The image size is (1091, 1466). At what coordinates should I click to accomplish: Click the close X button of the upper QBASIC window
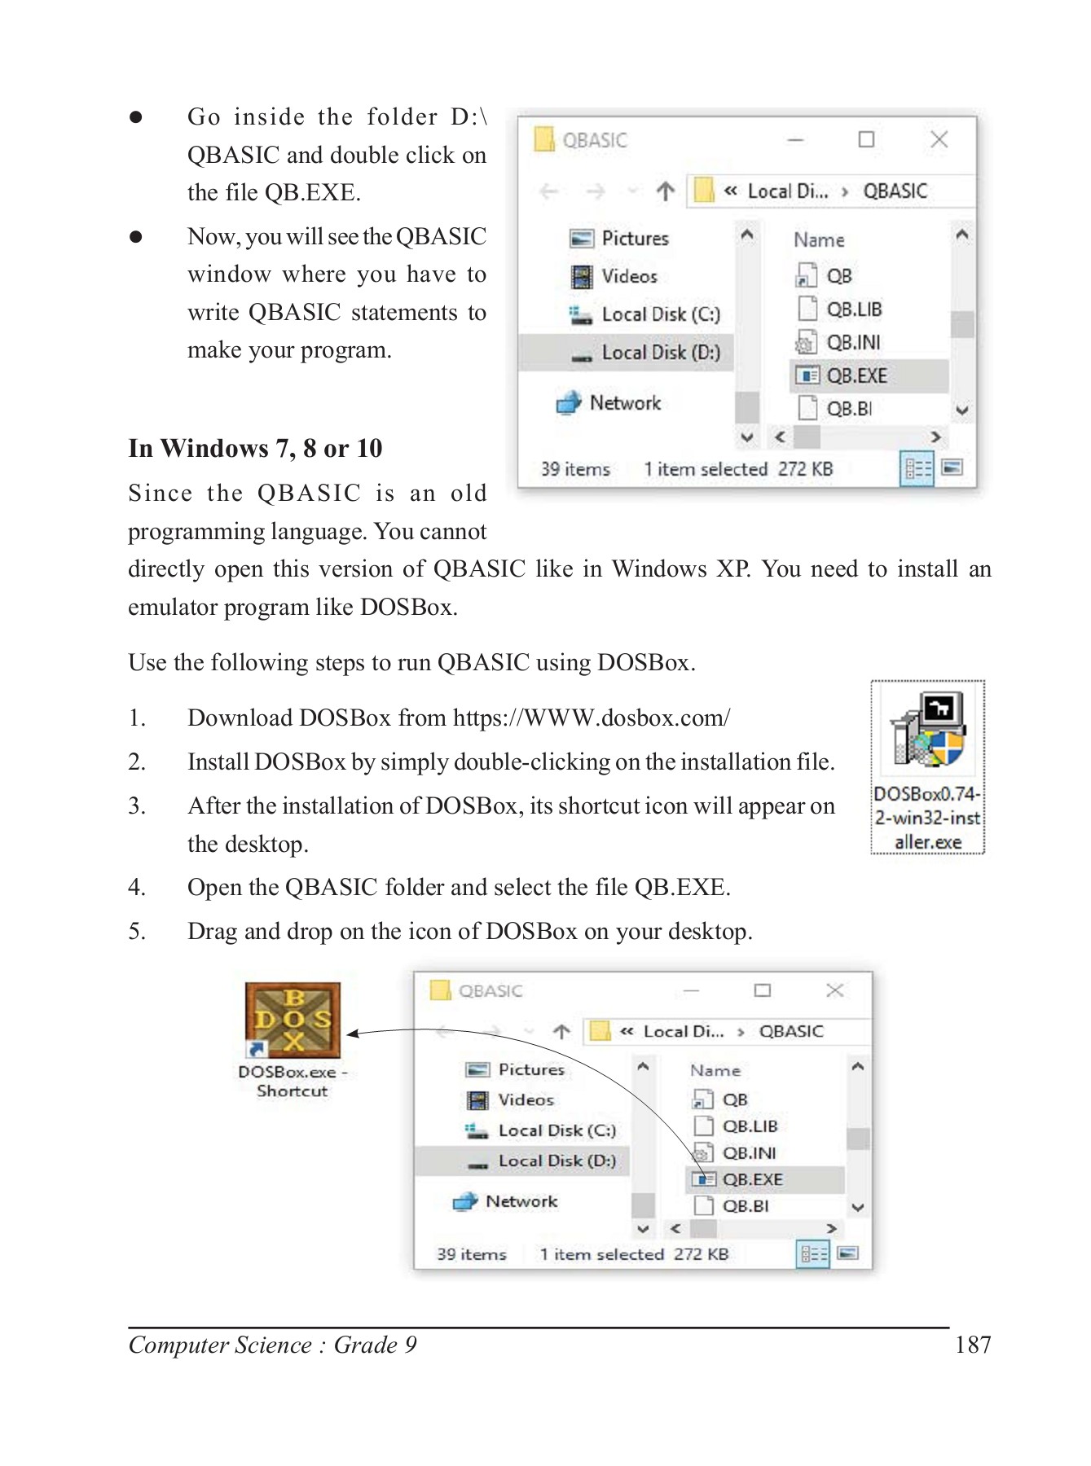(x=939, y=139)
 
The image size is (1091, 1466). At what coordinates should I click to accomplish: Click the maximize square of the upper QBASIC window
(x=866, y=139)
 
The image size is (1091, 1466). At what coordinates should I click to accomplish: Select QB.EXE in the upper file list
(x=856, y=375)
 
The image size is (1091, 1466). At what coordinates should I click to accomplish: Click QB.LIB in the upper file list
(x=853, y=309)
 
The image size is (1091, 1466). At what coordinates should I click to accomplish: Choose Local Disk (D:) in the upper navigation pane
(x=660, y=353)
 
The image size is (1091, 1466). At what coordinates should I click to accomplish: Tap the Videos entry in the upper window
(x=628, y=276)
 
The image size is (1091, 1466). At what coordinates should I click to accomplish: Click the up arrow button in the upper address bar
(x=666, y=191)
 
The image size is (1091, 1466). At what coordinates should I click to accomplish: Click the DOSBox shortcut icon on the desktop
(x=293, y=1019)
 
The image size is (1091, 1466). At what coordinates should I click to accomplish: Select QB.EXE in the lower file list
(x=751, y=1179)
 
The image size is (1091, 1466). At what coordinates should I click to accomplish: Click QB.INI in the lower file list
(x=748, y=1152)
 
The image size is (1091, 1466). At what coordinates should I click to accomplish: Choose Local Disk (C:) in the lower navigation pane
(x=556, y=1130)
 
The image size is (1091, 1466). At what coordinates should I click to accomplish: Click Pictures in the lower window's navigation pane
(x=530, y=1069)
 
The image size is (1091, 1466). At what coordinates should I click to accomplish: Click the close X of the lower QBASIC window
(x=834, y=990)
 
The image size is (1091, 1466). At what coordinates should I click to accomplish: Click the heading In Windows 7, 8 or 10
(x=255, y=448)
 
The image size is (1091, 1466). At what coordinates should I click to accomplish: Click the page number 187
(x=972, y=1345)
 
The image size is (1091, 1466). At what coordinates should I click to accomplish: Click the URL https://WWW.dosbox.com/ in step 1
(x=591, y=718)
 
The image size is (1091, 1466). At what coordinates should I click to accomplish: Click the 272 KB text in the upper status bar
(x=805, y=469)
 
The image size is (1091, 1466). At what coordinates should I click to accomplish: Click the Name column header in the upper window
(x=819, y=240)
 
